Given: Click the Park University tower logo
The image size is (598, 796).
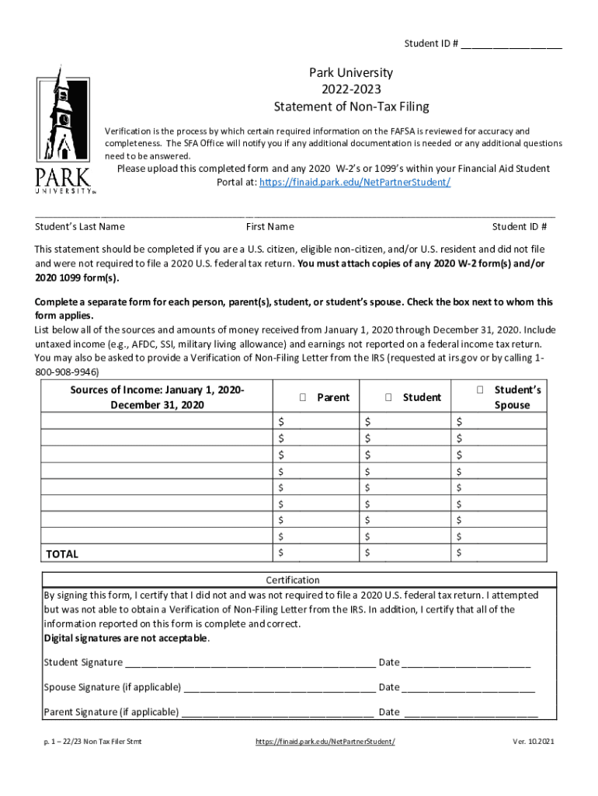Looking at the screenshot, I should (63, 132).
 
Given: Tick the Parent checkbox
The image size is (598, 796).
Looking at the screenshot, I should (303, 397).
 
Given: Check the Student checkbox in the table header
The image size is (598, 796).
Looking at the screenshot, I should (388, 397).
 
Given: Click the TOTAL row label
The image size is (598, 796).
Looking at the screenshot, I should (62, 554).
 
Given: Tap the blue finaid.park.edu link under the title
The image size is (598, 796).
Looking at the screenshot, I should (354, 183).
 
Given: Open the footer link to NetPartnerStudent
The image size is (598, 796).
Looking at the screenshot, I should (325, 742).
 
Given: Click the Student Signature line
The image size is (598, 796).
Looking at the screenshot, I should (250, 663).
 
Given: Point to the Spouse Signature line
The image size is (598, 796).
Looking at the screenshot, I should (280, 688).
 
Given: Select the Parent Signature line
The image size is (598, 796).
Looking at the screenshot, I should (277, 712).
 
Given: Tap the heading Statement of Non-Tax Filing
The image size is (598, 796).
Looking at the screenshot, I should (351, 106).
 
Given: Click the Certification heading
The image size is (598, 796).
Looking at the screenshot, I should (293, 580).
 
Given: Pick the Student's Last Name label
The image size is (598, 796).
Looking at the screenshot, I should (80, 227).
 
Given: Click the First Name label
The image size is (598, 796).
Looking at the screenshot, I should (269, 227).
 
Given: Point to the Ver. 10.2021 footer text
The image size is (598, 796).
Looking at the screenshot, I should (534, 742).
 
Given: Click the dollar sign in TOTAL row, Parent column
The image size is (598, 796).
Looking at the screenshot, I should (281, 553).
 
